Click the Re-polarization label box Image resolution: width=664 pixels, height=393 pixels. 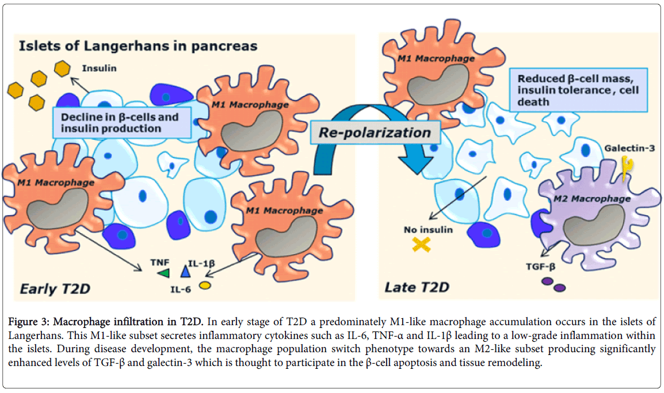(375, 133)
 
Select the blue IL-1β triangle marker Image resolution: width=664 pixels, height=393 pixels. (185, 270)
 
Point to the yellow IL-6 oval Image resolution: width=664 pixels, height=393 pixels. (205, 285)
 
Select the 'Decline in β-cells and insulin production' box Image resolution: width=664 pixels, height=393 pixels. (121, 122)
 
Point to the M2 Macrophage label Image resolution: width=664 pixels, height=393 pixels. (593, 199)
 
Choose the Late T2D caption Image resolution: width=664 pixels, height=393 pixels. (417, 287)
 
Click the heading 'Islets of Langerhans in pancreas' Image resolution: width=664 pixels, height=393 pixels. (138, 45)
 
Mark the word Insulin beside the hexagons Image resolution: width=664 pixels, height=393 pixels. (100, 68)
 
